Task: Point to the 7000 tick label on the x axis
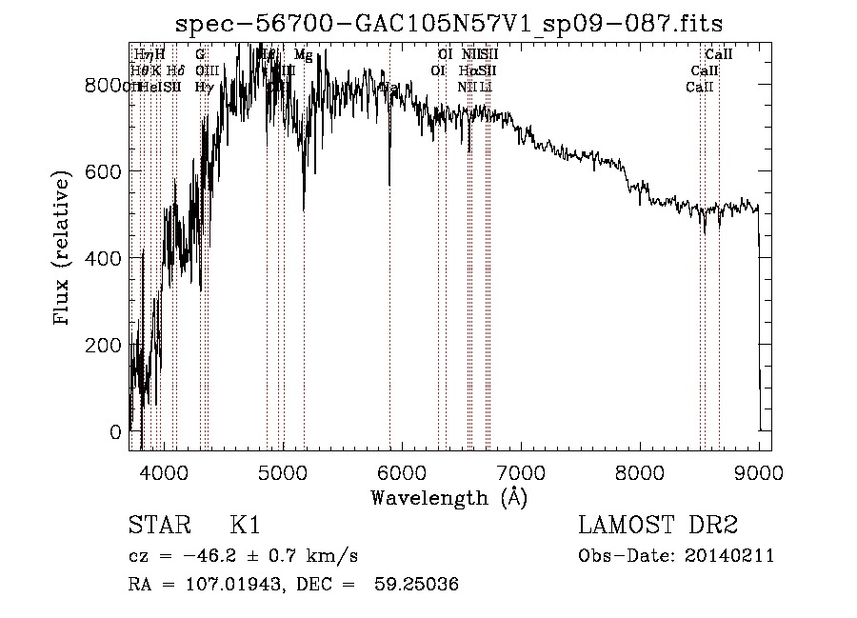point(521,473)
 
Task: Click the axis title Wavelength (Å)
point(448,497)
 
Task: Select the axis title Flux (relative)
point(64,249)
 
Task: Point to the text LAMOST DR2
point(658,525)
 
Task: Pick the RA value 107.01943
point(224,585)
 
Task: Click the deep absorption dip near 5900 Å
point(389,181)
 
